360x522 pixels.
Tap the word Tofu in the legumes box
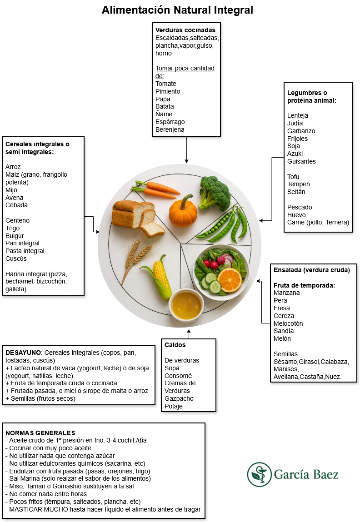click(x=293, y=177)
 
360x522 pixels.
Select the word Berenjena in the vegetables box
click(x=170, y=129)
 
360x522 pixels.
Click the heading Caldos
click(x=175, y=345)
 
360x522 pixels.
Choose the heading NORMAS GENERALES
click(x=40, y=433)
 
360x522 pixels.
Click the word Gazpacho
click(x=179, y=398)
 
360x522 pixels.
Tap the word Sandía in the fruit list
click(x=284, y=331)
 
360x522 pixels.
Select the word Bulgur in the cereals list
click(x=15, y=236)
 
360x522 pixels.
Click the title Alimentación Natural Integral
click(x=177, y=10)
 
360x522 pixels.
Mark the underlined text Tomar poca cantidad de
click(x=185, y=72)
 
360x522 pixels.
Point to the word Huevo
click(x=296, y=215)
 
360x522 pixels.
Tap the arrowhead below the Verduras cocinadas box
click(x=186, y=161)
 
